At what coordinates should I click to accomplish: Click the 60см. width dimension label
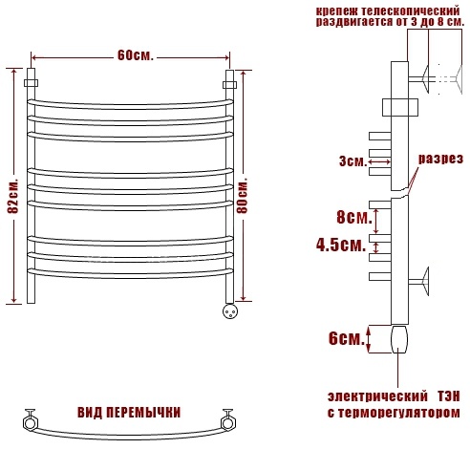[x=136, y=55]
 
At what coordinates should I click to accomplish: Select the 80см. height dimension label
[x=243, y=197]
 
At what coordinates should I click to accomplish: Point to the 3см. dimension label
[x=352, y=161]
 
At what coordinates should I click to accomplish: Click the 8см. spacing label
[x=354, y=218]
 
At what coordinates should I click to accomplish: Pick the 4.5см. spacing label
[x=341, y=246]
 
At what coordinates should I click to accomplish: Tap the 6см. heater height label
[x=347, y=338]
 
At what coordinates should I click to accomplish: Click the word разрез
[x=440, y=159]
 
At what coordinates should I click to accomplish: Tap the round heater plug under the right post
[x=230, y=311]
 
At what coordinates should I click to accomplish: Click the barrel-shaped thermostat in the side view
[x=399, y=339]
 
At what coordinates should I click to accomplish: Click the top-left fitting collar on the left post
[x=31, y=83]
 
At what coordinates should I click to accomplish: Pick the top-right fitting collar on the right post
[x=229, y=85]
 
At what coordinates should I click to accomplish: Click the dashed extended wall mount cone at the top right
[x=459, y=79]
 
